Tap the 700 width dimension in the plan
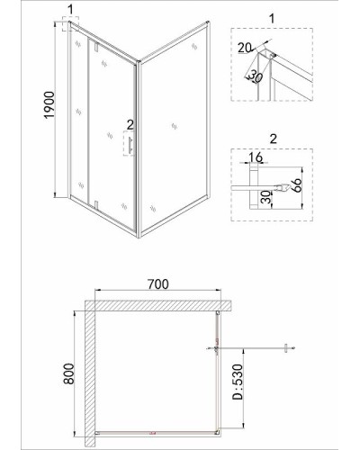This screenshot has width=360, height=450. point(158,283)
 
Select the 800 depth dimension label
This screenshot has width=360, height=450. point(69,373)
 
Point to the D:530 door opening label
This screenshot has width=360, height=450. point(238,382)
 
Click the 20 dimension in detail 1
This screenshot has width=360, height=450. point(245,48)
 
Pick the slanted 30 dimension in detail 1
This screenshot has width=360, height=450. point(255,76)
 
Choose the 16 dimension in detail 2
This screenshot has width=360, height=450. point(256,157)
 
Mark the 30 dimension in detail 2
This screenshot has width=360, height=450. point(266,198)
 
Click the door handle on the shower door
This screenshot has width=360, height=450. point(130,146)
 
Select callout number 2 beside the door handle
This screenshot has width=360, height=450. point(130,125)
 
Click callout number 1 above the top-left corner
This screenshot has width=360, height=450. point(70,10)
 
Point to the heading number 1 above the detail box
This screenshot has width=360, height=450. point(272,19)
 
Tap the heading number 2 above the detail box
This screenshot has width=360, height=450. point(273,139)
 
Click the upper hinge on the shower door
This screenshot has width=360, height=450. point(95,47)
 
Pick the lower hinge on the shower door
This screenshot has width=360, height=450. point(96,205)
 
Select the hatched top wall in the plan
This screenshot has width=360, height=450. point(158,306)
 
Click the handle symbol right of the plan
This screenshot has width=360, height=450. point(286,348)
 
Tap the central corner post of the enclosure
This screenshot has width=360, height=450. point(139,149)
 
